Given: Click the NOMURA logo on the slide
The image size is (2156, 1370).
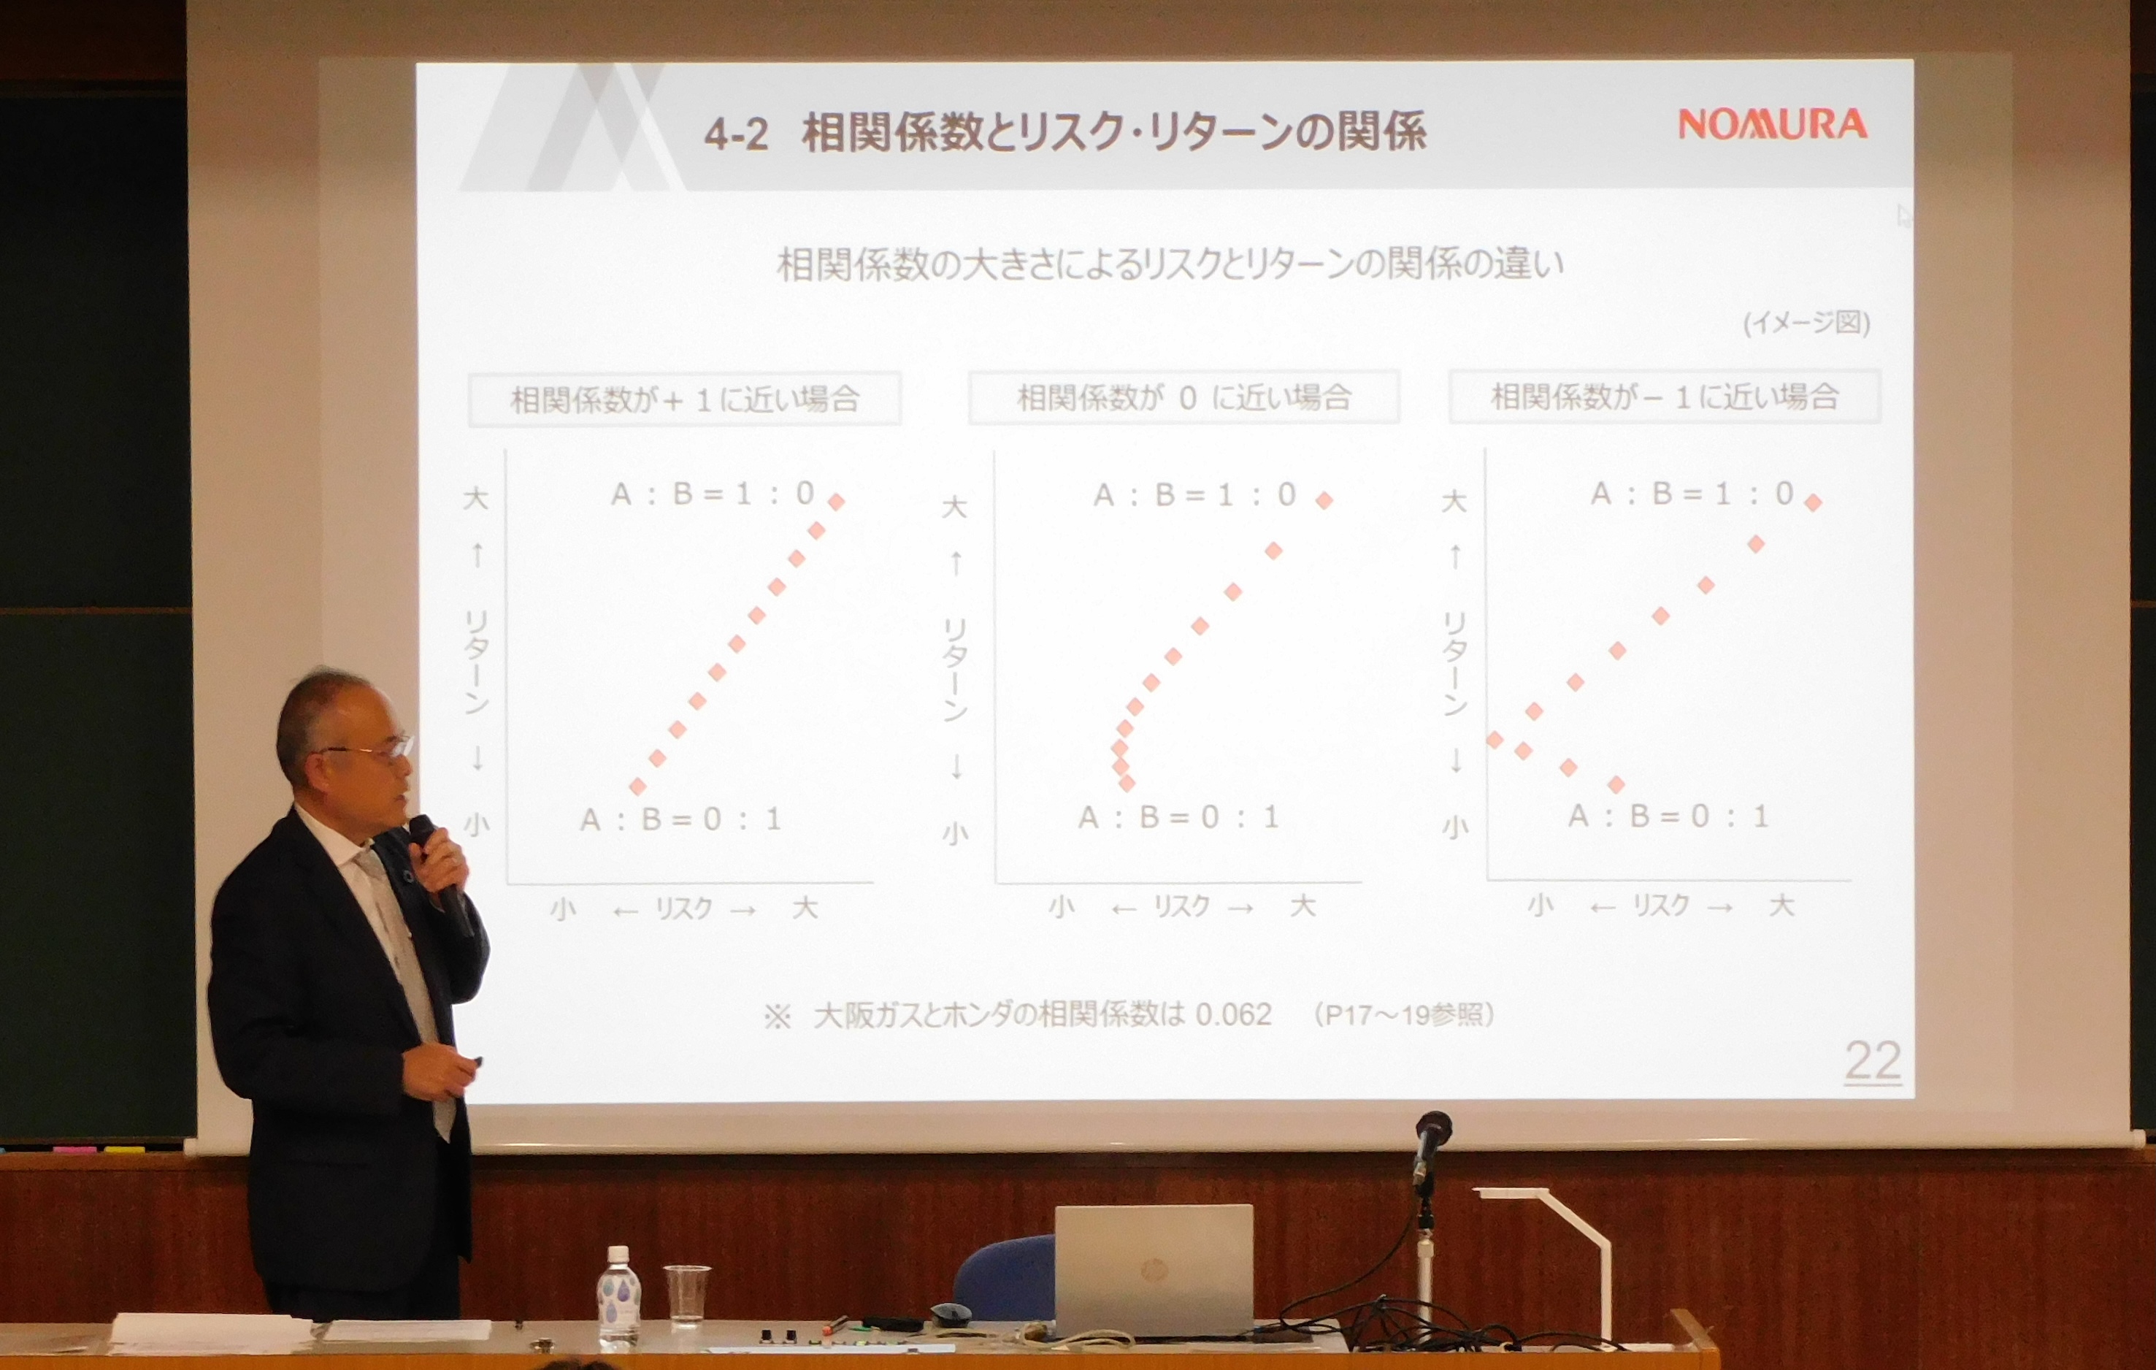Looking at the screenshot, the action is (1772, 124).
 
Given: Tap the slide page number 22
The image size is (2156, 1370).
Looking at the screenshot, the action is (1873, 1062).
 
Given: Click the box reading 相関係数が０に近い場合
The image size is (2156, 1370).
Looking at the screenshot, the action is (1184, 397).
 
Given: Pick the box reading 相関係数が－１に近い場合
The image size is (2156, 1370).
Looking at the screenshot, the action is (1665, 396).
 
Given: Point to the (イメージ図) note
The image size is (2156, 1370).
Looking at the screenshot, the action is (1807, 322).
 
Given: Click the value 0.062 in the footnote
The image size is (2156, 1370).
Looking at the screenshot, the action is (1233, 1014).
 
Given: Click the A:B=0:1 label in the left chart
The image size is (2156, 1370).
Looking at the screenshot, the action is (680, 819).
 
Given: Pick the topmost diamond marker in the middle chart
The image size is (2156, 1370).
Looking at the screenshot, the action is (1324, 500).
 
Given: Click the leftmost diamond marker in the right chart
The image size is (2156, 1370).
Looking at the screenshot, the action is (1495, 740).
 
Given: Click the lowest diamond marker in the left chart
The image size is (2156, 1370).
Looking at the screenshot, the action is (637, 787).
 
